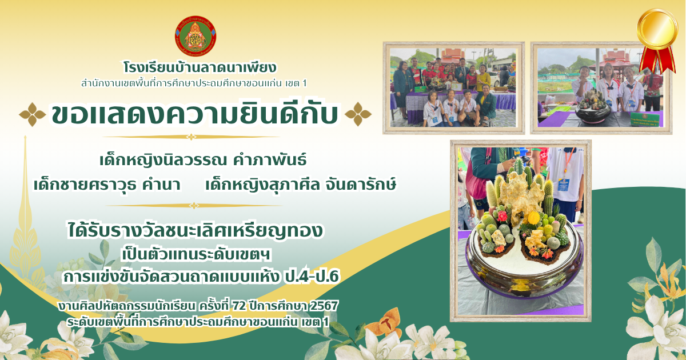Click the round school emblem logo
(196, 36)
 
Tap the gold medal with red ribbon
(657, 40)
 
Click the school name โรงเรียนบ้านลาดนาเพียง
(200, 68)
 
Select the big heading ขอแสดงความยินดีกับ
(195, 114)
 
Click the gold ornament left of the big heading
(33, 114)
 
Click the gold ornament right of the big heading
(358, 114)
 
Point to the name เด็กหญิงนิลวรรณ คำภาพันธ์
(203, 160)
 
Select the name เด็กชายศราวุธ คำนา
(107, 185)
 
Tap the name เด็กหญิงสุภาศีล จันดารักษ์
(301, 185)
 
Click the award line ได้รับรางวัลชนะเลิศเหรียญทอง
(195, 230)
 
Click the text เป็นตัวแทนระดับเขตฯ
(196, 255)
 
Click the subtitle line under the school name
(194, 83)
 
